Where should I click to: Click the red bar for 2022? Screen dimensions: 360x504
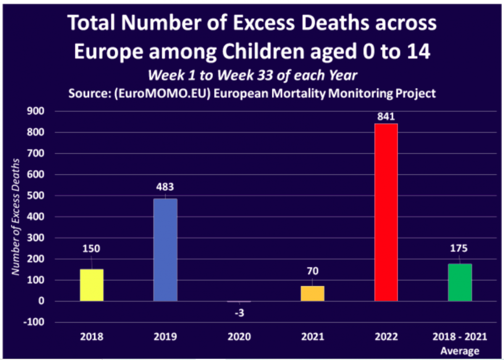pyautogui.click(x=386, y=212)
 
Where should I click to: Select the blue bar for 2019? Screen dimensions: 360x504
pyautogui.click(x=165, y=250)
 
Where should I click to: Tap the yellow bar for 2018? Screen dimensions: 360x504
pyautogui.click(x=92, y=285)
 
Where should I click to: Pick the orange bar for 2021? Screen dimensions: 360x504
pyautogui.click(x=312, y=293)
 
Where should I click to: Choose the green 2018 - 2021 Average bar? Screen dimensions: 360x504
pyautogui.click(x=459, y=282)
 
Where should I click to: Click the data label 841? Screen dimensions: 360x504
pyautogui.click(x=386, y=116)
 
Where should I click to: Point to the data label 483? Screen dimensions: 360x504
pyautogui.click(x=165, y=187)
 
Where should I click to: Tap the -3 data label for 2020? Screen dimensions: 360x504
pyautogui.click(x=239, y=313)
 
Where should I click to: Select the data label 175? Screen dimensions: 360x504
pyautogui.click(x=459, y=248)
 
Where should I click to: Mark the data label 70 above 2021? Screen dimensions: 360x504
pyautogui.click(x=312, y=271)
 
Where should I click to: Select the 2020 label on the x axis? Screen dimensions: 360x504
pyautogui.click(x=239, y=337)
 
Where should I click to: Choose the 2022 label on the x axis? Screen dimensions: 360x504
pyautogui.click(x=386, y=337)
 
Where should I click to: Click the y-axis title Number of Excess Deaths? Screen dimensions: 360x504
pyautogui.click(x=16, y=217)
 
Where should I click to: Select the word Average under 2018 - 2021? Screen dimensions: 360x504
pyautogui.click(x=459, y=351)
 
